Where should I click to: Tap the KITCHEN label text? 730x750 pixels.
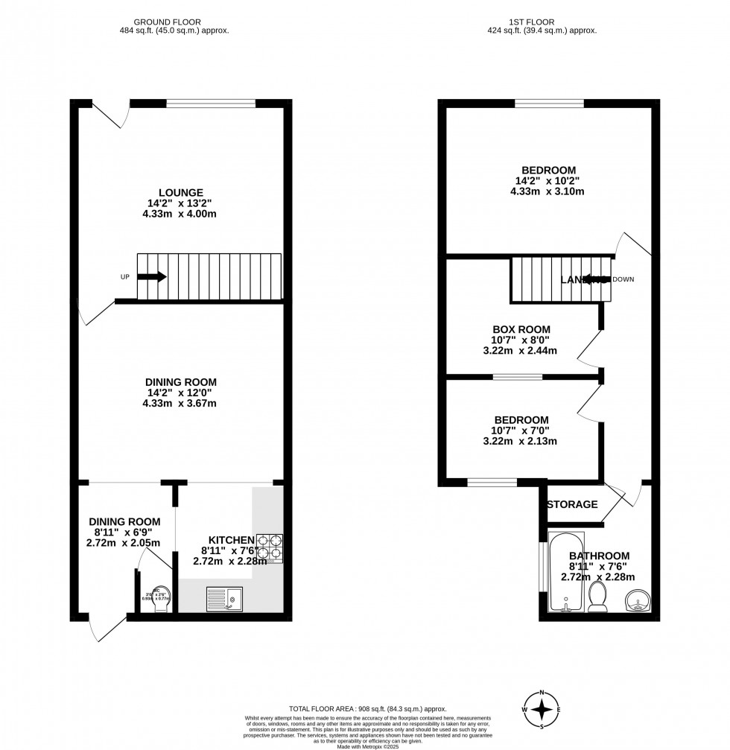(x=232, y=540)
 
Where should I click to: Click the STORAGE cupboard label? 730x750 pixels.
(x=572, y=504)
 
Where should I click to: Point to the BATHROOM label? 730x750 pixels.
(x=599, y=556)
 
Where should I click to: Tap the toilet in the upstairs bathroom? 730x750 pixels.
(x=597, y=597)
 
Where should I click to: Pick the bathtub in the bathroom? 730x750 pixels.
(x=566, y=572)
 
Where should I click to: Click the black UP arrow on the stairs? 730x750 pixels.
(x=152, y=277)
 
